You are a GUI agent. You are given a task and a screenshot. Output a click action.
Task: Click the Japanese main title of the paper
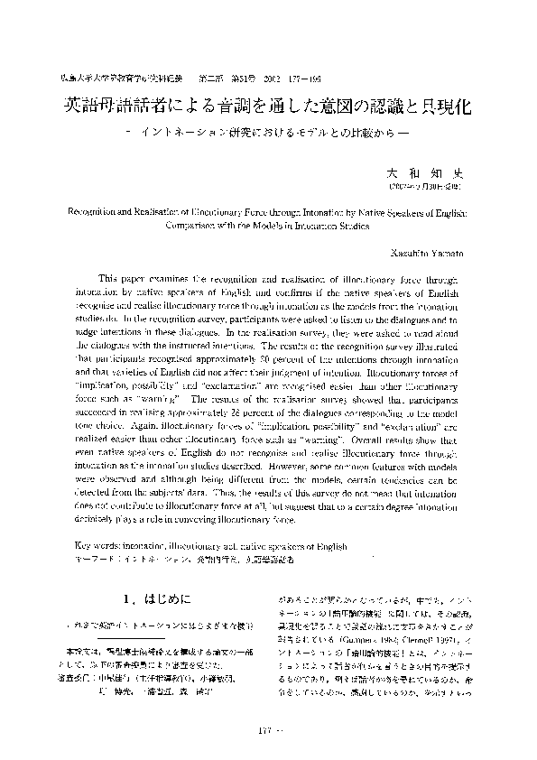click(x=269, y=107)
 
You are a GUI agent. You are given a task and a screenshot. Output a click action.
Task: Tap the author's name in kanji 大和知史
click(x=419, y=170)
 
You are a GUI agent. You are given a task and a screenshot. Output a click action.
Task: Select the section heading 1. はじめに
click(x=148, y=598)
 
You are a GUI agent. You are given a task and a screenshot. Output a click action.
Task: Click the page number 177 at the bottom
click(x=265, y=728)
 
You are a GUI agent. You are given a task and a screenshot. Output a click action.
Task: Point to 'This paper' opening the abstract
click(x=125, y=280)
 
